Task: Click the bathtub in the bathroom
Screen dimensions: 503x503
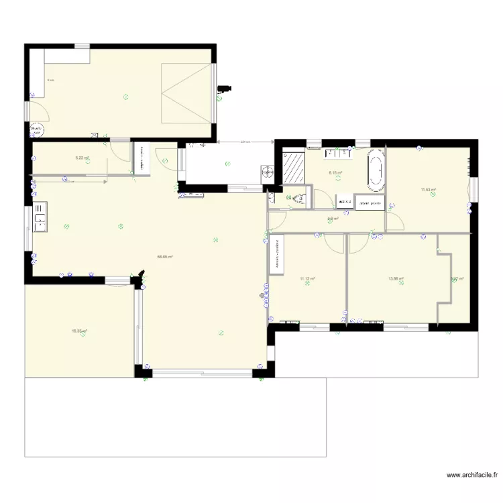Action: point(376,168)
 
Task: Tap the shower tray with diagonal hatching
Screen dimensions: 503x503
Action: point(293,168)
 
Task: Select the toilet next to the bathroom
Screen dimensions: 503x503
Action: point(301,199)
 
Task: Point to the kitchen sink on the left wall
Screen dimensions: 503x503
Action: point(39,217)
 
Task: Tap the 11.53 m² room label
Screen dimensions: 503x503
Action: point(429,190)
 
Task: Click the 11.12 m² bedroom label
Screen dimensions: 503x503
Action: point(308,278)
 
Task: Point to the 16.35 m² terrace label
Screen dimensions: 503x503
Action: point(80,331)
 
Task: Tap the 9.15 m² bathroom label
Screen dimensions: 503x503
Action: point(335,173)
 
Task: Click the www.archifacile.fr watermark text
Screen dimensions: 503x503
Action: point(472,475)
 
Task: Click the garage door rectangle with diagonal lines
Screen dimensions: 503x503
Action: point(188,93)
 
